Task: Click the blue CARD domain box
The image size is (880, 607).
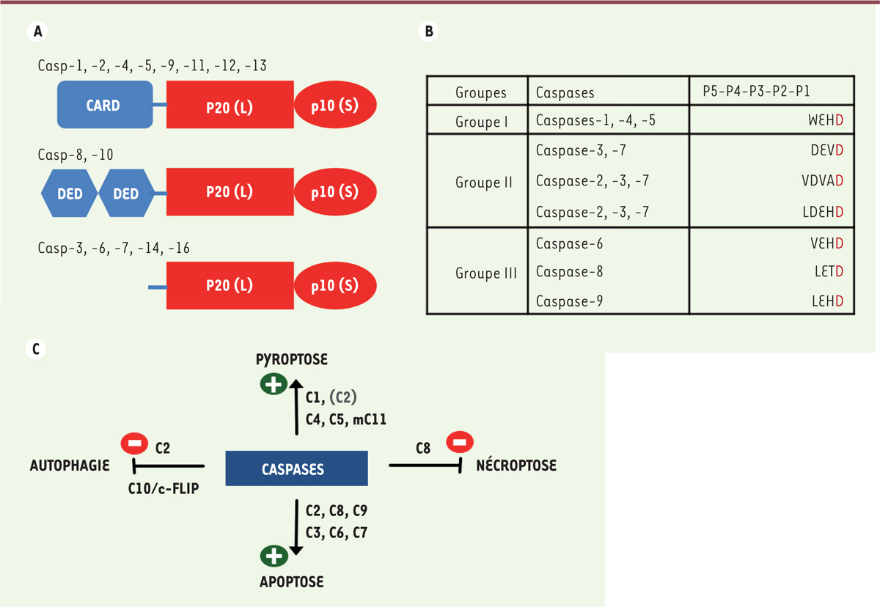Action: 105,104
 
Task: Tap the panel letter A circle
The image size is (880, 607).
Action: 37,31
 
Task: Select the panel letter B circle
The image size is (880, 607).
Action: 428,31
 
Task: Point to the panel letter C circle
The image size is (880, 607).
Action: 36,349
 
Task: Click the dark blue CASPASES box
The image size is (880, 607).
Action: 296,468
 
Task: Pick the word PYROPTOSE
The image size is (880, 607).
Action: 292,359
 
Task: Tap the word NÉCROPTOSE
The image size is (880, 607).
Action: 516,465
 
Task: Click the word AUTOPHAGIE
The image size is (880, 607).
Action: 70,466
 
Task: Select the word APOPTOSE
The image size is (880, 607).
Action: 292,581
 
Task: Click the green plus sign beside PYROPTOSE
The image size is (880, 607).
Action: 274,383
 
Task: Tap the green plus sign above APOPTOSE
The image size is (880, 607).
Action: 274,556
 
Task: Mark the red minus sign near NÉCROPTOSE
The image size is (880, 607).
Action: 460,442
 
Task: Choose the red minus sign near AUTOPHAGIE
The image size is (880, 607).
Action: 134,444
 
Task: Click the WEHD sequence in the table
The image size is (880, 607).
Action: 826,120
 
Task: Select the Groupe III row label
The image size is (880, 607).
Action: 486,273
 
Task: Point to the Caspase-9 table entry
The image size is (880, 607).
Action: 569,301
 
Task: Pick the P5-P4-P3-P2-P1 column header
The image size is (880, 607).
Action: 756,91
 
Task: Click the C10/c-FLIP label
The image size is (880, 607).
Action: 164,488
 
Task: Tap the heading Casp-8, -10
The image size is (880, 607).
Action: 76,155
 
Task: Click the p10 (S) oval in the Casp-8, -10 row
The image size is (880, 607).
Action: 335,192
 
